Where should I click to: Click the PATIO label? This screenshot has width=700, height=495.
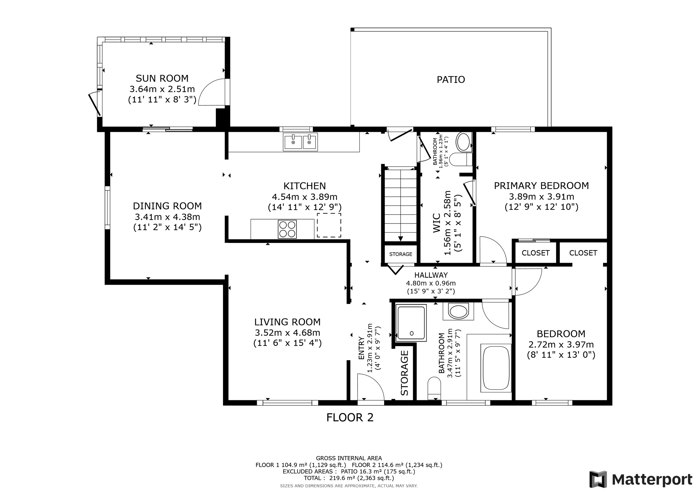pyautogui.click(x=451, y=80)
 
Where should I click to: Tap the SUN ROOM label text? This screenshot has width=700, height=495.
pyautogui.click(x=162, y=78)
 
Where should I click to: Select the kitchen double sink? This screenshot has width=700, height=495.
pyautogui.click(x=301, y=142)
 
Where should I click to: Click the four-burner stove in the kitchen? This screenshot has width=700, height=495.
pyautogui.click(x=287, y=229)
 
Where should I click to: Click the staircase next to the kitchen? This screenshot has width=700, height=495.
pyautogui.click(x=400, y=206)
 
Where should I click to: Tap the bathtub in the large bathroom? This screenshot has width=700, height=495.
pyautogui.click(x=496, y=368)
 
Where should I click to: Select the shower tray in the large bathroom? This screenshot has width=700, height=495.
pyautogui.click(x=411, y=323)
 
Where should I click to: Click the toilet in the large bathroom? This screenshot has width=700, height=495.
pyautogui.click(x=434, y=388)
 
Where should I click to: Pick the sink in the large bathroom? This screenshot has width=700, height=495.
pyautogui.click(x=459, y=312)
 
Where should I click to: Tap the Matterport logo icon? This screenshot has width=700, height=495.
pyautogui.click(x=598, y=479)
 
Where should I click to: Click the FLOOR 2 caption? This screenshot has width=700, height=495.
pyautogui.click(x=350, y=417)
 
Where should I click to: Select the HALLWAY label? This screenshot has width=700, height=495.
pyautogui.click(x=431, y=275)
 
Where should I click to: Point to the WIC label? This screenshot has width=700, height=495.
pyautogui.click(x=437, y=223)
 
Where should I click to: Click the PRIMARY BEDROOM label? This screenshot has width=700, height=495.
pyautogui.click(x=541, y=186)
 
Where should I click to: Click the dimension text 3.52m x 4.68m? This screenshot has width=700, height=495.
pyautogui.click(x=288, y=333)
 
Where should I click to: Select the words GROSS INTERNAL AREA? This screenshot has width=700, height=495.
pyautogui.click(x=349, y=458)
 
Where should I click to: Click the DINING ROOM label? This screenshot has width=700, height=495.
pyautogui.click(x=167, y=206)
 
